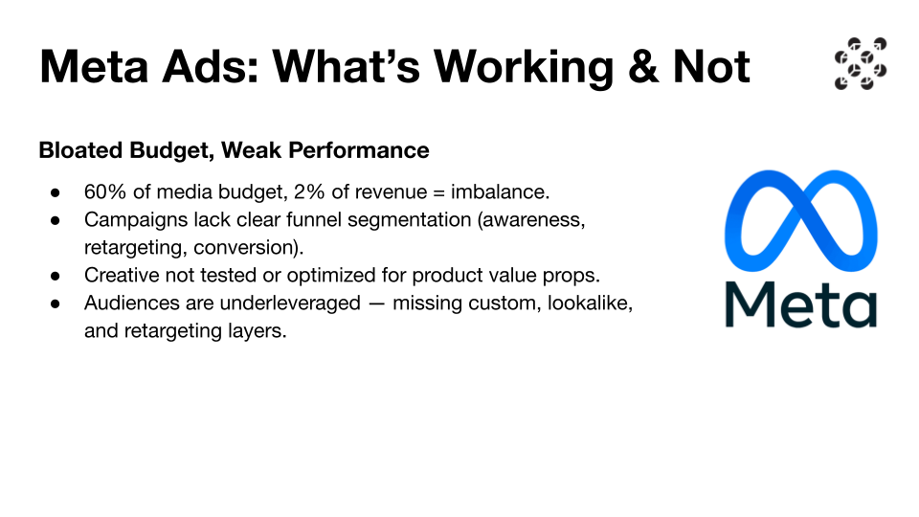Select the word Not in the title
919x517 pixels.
(x=711, y=66)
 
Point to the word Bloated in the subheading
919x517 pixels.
(x=80, y=150)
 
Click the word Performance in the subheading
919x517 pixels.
(x=358, y=150)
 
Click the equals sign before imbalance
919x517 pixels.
(x=439, y=192)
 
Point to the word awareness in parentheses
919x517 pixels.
(x=531, y=220)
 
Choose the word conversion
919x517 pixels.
(x=246, y=247)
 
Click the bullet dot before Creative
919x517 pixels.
(x=56, y=276)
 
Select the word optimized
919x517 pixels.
(x=331, y=276)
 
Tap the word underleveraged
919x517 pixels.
(x=280, y=303)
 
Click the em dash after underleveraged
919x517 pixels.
(x=377, y=303)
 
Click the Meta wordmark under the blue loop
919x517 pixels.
(x=801, y=304)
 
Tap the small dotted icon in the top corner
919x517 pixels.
(x=861, y=64)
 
